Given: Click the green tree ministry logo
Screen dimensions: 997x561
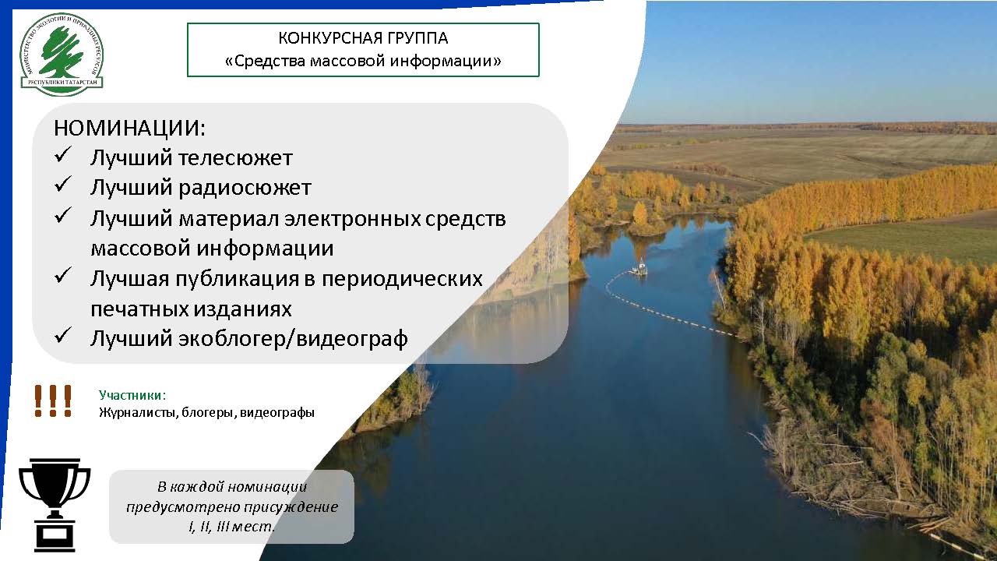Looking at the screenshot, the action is coord(62,55).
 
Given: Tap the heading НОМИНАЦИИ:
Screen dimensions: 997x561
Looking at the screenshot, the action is coord(129,129).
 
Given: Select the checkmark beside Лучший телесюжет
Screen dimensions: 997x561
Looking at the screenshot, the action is coord(63,154).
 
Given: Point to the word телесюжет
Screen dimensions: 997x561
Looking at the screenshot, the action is coord(235,158).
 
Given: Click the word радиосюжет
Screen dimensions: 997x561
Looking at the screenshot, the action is coord(245,188).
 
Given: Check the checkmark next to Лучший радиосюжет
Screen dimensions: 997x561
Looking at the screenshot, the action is coord(63,184).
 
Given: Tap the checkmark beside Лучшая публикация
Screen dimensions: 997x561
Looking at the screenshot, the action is coord(63,275).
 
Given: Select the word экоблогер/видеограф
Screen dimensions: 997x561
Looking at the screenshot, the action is coord(294,339).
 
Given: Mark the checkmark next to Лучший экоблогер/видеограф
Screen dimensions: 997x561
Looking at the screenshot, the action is coord(63,335).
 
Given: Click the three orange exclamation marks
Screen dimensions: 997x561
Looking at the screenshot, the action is coord(53,400).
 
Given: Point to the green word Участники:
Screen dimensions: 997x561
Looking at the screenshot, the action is coord(132,395).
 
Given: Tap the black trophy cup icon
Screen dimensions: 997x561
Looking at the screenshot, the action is coord(55,505).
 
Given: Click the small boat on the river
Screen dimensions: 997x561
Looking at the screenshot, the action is coord(639,268).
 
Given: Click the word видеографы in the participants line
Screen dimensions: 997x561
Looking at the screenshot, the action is coord(277,413).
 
